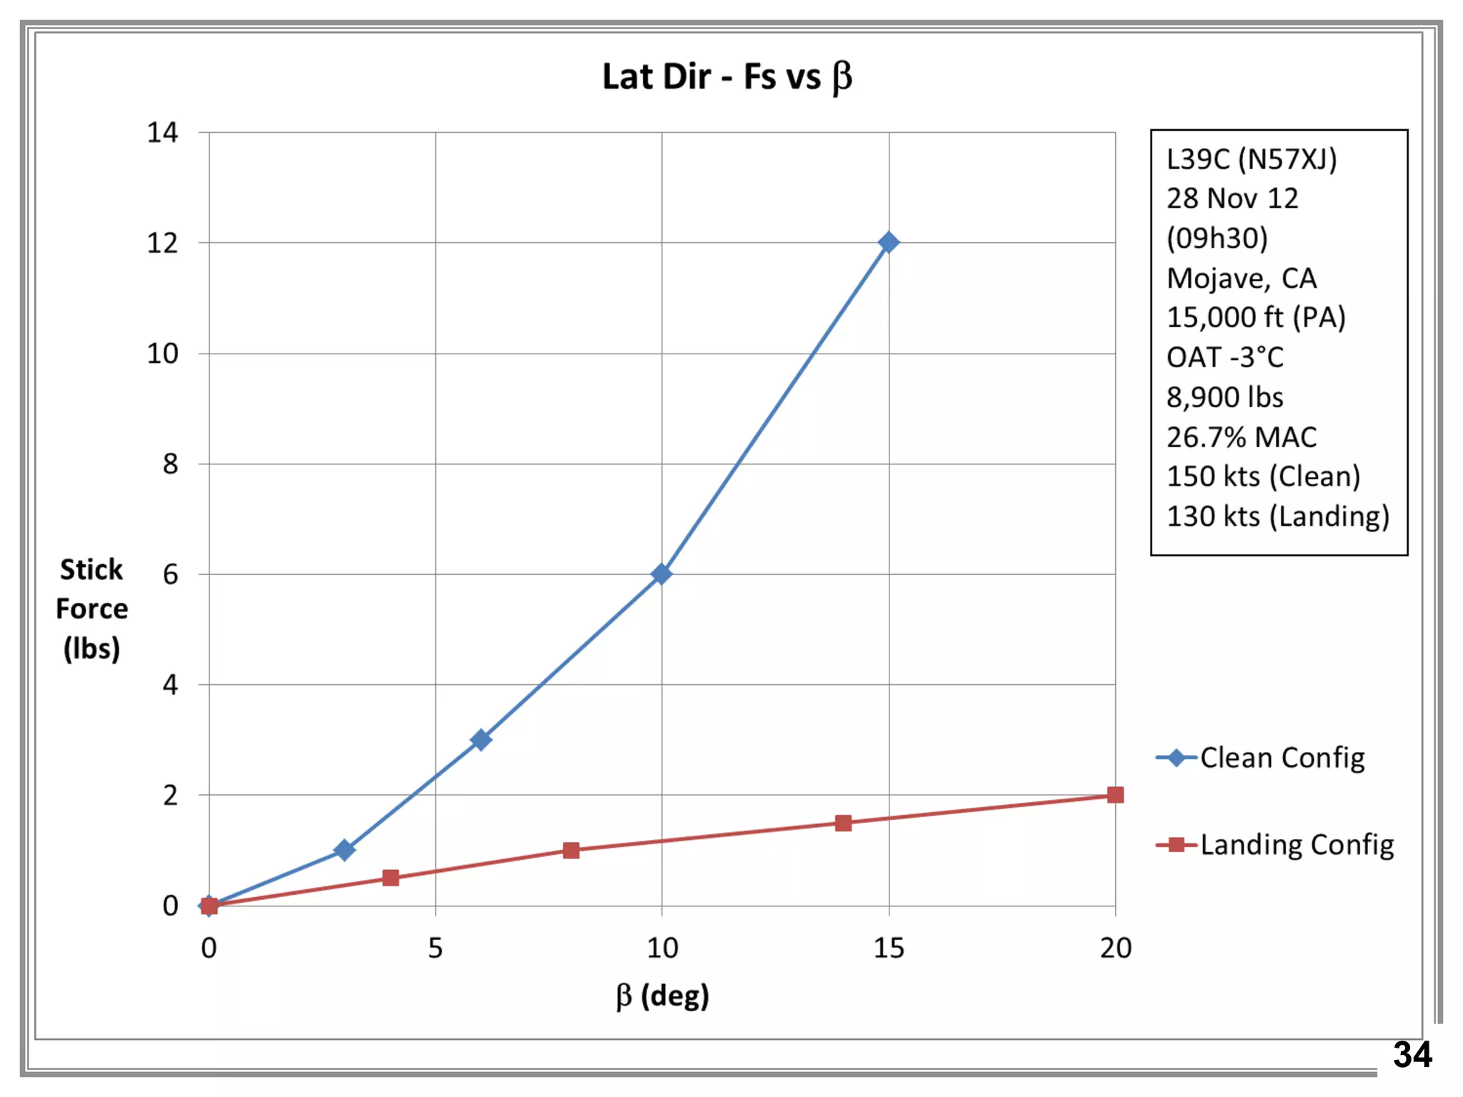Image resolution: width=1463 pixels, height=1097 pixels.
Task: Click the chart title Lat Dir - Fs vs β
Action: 726,76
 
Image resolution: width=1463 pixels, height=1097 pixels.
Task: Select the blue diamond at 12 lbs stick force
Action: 889,243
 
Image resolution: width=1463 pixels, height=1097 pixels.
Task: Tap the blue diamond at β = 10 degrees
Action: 661,573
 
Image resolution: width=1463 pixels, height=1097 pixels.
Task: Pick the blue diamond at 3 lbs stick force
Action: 481,739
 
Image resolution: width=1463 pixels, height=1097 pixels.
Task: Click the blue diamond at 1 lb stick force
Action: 344,850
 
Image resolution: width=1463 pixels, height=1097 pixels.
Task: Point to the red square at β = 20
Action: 1115,795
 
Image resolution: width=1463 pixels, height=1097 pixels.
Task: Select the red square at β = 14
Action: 843,823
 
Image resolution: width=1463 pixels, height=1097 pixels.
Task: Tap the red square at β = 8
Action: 571,850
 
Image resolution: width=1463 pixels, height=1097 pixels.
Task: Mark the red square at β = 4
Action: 390,878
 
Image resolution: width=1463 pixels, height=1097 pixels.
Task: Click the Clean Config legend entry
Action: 1261,758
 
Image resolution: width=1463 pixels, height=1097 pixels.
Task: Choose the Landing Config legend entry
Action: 1275,845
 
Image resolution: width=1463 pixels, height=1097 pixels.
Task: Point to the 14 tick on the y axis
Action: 162,133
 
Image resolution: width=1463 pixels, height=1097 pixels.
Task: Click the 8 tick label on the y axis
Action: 170,464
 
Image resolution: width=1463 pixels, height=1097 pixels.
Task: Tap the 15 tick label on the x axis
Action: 889,948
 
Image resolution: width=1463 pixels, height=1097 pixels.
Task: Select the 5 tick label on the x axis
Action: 435,948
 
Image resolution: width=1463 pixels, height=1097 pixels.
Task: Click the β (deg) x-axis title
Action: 662,996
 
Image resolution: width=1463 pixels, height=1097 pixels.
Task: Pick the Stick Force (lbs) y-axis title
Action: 91,609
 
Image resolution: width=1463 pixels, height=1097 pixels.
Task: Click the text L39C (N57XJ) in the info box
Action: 1251,159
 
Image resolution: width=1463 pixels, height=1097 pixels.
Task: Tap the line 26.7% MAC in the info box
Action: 1241,437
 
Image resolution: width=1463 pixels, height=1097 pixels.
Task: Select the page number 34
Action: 1412,1055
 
